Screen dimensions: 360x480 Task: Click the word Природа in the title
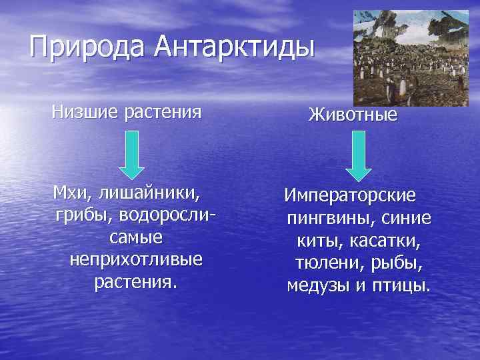point(87,47)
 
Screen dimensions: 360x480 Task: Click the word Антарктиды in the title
point(234,47)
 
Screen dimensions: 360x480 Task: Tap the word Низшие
point(83,111)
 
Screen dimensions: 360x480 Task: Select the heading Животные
point(353,115)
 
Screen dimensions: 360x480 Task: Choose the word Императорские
point(350,197)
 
